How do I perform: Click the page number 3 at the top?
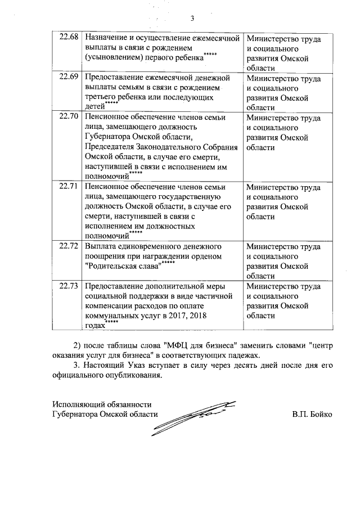tap(192, 17)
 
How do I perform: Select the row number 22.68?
tap(69, 38)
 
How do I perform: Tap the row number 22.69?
tap(69, 77)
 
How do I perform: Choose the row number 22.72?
tap(69, 246)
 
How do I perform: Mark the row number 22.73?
tap(69, 286)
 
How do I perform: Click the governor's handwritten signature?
tap(194, 416)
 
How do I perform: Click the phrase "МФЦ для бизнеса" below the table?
tap(201, 345)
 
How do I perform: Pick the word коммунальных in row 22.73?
tap(112, 317)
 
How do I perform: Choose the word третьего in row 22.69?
tap(101, 97)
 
